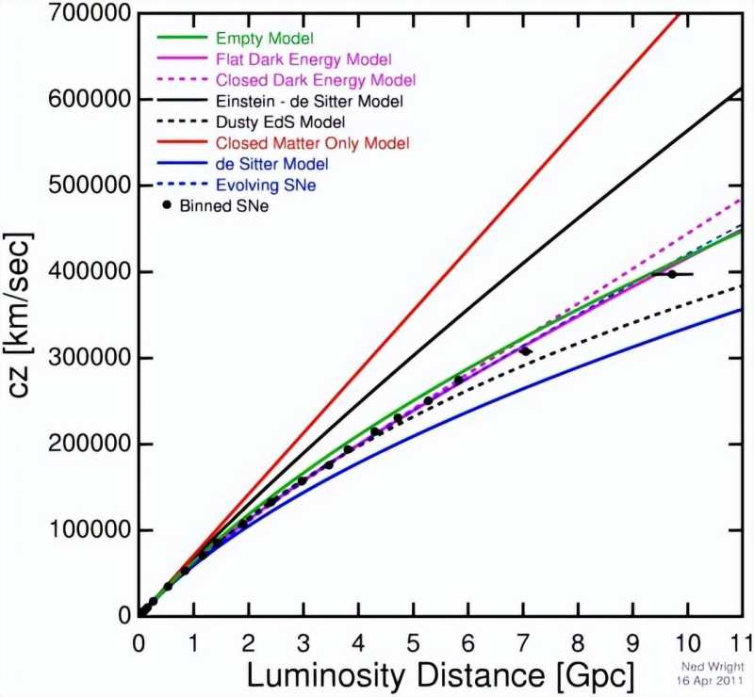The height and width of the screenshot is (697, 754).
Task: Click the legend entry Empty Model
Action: click(x=265, y=39)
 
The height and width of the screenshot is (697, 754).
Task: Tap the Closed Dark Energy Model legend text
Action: click(x=316, y=80)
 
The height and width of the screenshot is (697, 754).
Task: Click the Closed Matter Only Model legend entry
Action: click(x=313, y=143)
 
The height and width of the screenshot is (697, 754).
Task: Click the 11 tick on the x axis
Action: click(x=743, y=638)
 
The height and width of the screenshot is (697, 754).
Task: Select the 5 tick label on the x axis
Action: click(x=413, y=638)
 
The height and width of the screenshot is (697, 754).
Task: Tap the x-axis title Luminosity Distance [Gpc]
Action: click(x=439, y=673)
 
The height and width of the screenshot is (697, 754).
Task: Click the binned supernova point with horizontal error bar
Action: click(x=672, y=274)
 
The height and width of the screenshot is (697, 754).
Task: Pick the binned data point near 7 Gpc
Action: click(x=524, y=351)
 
